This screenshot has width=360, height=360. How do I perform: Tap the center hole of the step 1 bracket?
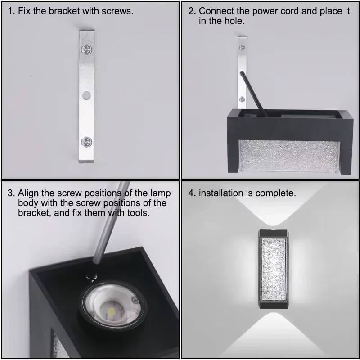point(86,95)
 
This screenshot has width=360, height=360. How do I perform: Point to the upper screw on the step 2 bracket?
point(242,46)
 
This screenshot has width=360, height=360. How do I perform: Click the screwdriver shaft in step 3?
point(108,225)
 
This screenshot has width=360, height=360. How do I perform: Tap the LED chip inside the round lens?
point(111,309)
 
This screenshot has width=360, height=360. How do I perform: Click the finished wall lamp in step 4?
point(273,270)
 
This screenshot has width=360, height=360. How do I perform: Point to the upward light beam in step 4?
point(273,211)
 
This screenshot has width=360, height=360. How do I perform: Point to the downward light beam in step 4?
point(273,331)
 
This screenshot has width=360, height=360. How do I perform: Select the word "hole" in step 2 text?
point(234,21)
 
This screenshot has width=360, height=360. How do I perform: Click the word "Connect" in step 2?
point(215,11)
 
